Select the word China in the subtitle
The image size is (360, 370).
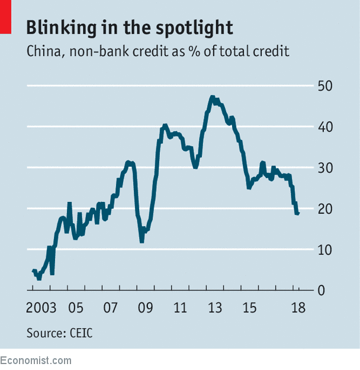coord(43,51)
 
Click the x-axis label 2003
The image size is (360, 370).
coord(41,308)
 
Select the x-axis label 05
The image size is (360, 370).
coord(75,308)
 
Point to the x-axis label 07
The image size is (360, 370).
coord(110,308)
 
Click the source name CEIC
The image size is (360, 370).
coord(79,333)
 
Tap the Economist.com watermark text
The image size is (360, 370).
coord(36,361)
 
